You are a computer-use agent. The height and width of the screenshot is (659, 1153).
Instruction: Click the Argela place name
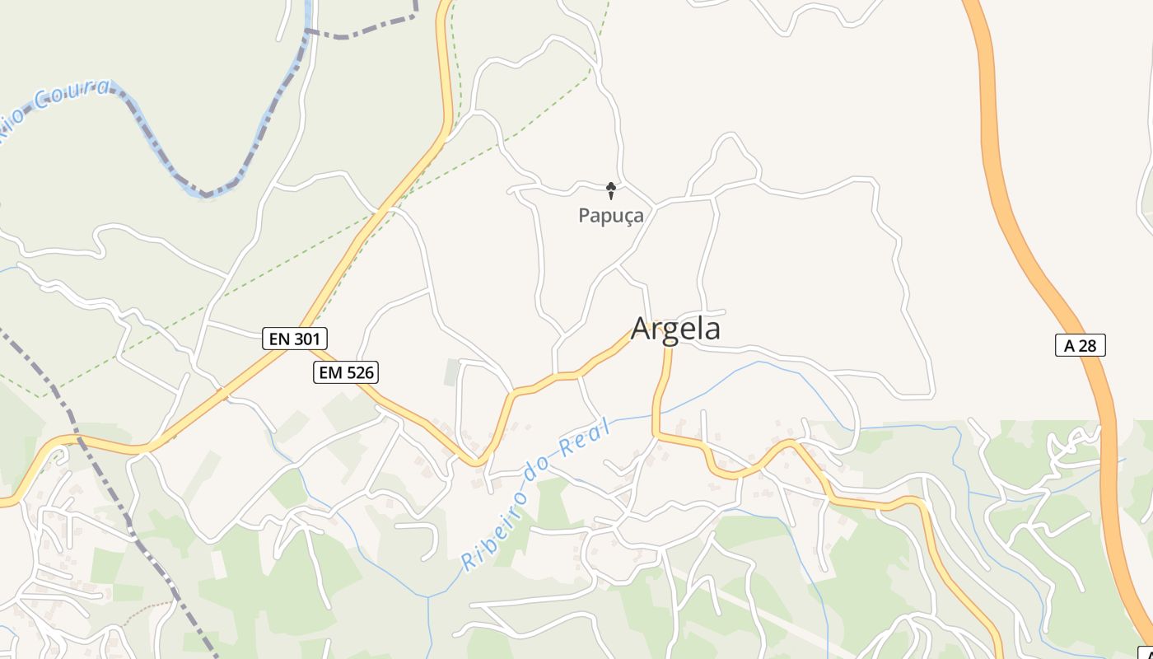pos(675,329)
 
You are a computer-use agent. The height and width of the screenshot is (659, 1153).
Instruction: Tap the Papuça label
pos(610,216)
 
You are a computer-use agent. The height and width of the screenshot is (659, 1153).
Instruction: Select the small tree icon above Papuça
pos(611,191)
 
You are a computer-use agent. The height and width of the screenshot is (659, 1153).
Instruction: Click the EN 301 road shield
pos(295,338)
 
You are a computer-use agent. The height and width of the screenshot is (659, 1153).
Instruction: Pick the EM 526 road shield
pos(346,372)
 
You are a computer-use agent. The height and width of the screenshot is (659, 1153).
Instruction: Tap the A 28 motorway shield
pos(1080,345)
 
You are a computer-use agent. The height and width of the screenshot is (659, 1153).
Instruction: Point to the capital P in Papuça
pos(585,216)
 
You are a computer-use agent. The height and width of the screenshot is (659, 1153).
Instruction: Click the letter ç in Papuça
pos(623,217)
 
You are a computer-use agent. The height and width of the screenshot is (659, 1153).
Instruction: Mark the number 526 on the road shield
pos(359,372)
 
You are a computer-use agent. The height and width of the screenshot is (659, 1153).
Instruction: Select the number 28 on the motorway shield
pos(1088,345)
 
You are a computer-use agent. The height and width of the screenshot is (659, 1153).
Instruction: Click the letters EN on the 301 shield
pos(279,338)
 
